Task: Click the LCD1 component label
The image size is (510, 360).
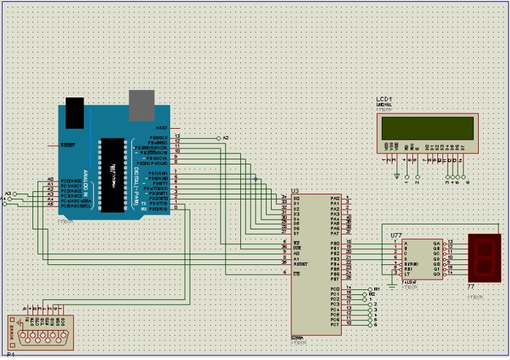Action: [384, 100]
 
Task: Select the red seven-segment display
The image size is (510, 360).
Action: [484, 257]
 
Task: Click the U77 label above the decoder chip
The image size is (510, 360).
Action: [396, 235]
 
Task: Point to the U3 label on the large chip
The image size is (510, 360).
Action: [295, 191]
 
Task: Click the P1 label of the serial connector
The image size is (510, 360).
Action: [11, 354]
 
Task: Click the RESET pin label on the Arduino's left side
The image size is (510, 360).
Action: [68, 145]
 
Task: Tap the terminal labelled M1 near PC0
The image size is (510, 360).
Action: [377, 289]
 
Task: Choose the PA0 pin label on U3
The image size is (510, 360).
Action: [335, 198]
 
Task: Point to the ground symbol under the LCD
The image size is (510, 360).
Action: [397, 176]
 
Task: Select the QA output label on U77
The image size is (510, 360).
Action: [436, 243]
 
